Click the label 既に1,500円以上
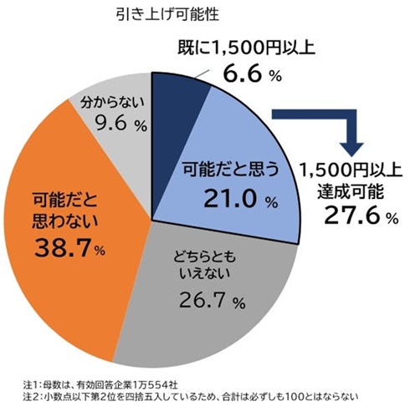click(246, 48)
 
